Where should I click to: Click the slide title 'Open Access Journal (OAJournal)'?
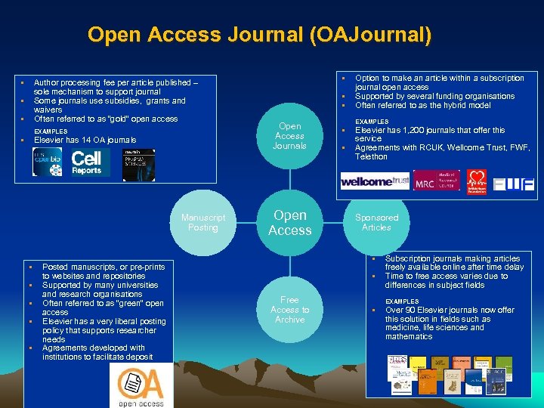click(x=260, y=35)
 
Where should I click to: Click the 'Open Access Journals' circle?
click(x=289, y=136)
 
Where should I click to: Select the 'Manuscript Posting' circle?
click(x=202, y=223)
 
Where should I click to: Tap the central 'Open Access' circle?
click(x=289, y=223)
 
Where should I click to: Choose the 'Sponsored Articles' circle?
click(x=376, y=223)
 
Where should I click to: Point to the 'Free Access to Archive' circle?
click(x=289, y=310)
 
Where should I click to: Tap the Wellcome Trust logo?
click(x=375, y=181)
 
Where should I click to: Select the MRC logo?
click(x=436, y=181)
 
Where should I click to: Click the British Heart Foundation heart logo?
click(x=476, y=181)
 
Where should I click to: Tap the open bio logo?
click(x=48, y=162)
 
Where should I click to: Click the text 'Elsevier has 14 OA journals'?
click(x=85, y=140)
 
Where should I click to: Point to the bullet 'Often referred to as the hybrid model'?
click(x=422, y=105)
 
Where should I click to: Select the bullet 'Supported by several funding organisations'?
click(x=434, y=96)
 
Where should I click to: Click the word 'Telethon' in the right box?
click(x=371, y=156)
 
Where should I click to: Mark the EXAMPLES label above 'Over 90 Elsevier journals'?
click(x=401, y=301)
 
